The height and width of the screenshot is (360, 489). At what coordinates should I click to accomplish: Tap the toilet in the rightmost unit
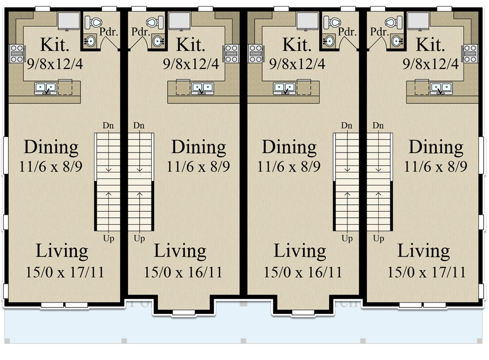click(x=392, y=22)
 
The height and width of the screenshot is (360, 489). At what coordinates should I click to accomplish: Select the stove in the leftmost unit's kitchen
click(x=16, y=54)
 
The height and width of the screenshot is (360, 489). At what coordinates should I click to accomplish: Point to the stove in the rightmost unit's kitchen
click(x=470, y=54)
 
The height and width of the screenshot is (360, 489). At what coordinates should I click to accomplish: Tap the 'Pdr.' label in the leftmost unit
click(x=109, y=31)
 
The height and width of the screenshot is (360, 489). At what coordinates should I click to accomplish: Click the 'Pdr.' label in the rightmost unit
click(x=379, y=31)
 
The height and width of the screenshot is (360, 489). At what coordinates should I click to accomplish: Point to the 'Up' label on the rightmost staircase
click(x=379, y=239)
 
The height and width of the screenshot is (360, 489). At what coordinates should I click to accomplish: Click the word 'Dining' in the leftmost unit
click(x=51, y=147)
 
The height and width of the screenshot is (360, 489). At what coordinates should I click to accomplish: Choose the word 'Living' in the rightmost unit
click(x=424, y=251)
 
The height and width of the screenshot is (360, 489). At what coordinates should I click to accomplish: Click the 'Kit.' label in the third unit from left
click(x=296, y=45)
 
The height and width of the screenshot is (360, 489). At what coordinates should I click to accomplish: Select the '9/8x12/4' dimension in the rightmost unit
click(x=432, y=64)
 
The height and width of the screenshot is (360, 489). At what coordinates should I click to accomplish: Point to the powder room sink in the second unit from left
click(x=158, y=41)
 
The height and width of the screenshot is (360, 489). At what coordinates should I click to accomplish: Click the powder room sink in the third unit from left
click(x=330, y=41)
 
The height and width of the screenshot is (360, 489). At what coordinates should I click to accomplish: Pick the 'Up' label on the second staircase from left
click(x=139, y=239)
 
